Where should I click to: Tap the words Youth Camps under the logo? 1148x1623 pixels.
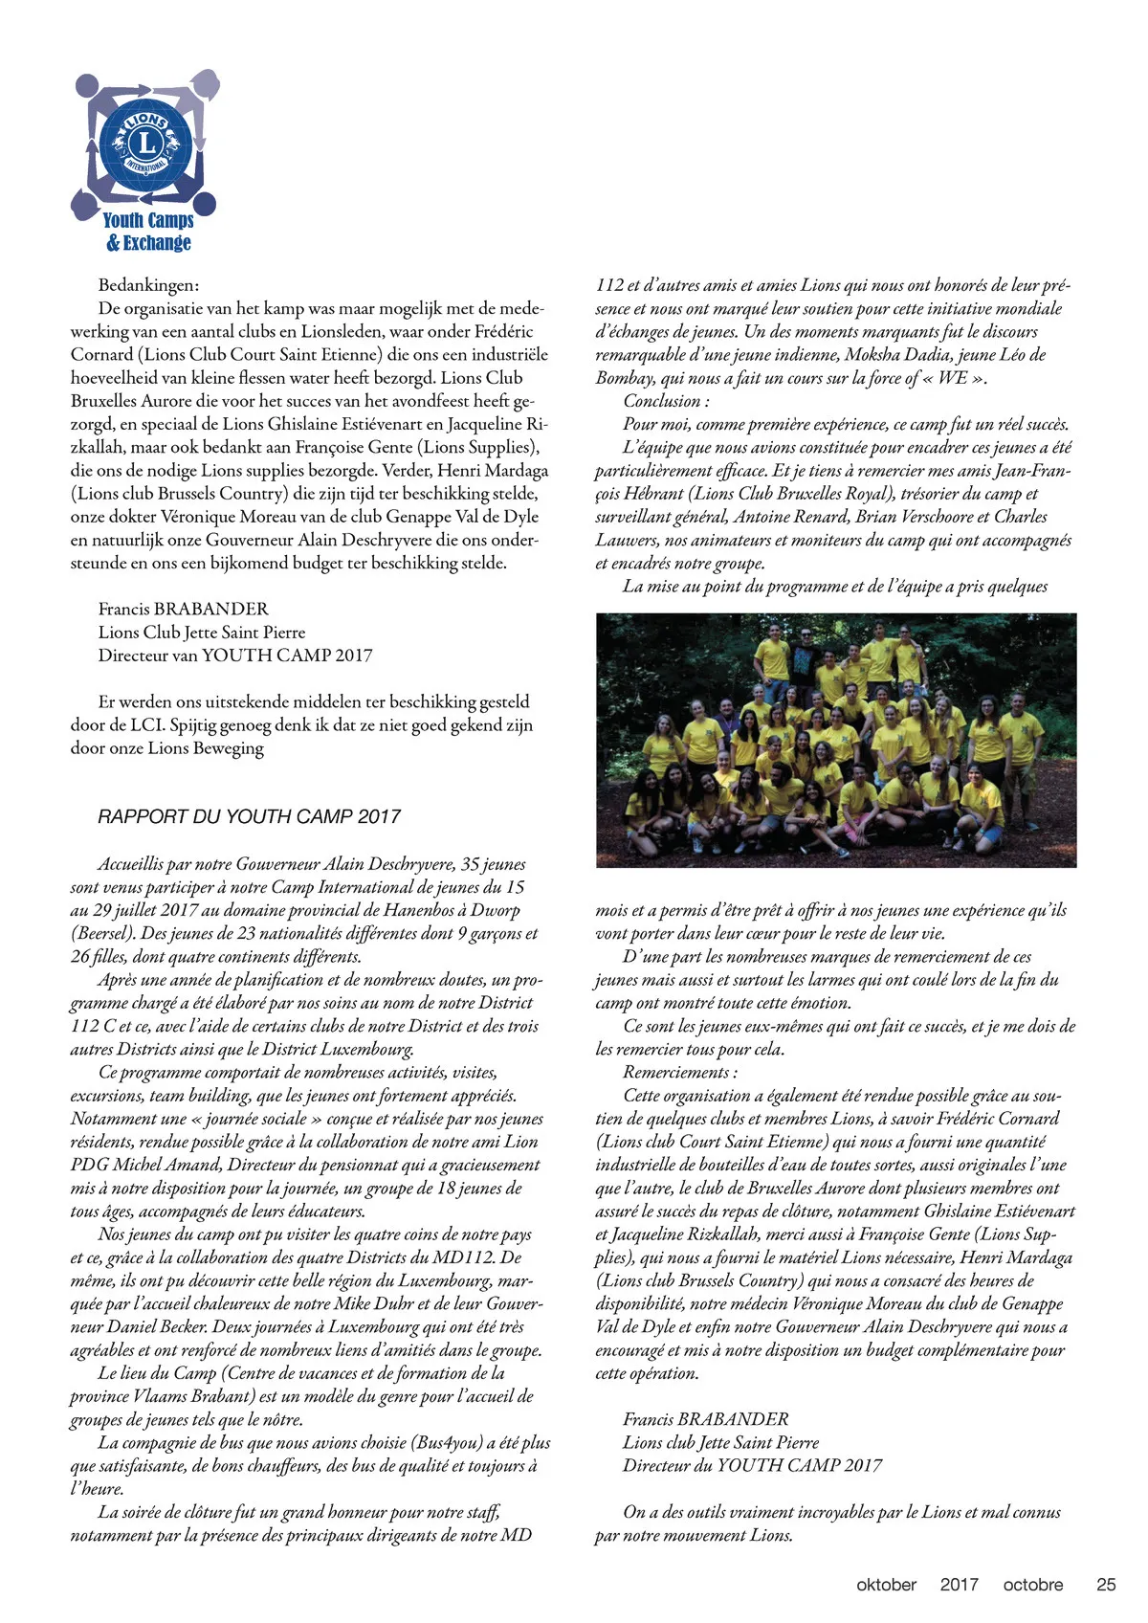[148, 220]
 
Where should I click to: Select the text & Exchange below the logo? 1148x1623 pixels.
[148, 243]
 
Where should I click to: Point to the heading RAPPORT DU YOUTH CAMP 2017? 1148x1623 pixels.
[249, 816]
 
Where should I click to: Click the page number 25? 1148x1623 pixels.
[1105, 1584]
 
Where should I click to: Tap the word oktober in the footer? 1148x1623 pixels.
[886, 1584]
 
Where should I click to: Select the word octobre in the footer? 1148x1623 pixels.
[1032, 1584]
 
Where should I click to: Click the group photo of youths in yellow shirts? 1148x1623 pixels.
[835, 740]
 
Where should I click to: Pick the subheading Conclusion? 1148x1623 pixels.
[666, 401]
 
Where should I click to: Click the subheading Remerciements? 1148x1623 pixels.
[679, 1072]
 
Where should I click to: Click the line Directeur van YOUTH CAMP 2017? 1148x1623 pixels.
[235, 656]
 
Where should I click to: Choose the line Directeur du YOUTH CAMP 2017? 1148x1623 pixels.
[752, 1465]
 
